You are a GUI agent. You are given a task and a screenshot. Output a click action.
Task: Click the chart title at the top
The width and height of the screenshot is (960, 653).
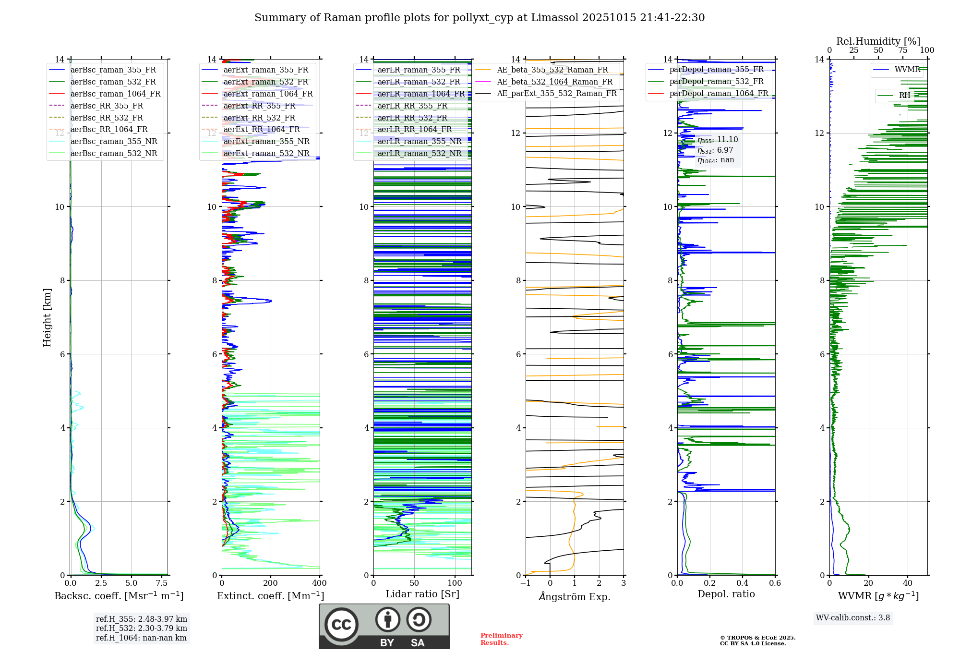[x=480, y=18]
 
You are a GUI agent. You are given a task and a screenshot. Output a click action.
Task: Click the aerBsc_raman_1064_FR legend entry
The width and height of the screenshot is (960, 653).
[x=115, y=94]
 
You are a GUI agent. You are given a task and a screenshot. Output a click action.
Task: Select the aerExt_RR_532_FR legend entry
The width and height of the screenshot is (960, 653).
[x=259, y=118]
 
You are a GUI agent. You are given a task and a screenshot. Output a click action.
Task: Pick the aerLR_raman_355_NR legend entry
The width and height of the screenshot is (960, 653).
[x=419, y=141]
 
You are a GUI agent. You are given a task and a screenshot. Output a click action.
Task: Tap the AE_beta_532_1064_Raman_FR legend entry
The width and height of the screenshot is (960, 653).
[x=554, y=82]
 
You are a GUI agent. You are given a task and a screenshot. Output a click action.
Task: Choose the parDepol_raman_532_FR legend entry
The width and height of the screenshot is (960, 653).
[x=716, y=81]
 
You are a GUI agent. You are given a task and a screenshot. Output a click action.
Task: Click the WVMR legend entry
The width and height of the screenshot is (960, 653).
[x=907, y=70]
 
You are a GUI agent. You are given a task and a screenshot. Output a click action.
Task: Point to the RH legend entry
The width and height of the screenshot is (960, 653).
[x=904, y=96]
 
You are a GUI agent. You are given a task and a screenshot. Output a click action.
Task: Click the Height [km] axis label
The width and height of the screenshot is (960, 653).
[x=47, y=317]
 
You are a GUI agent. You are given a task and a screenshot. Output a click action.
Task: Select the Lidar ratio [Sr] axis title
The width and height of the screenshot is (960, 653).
[x=422, y=594]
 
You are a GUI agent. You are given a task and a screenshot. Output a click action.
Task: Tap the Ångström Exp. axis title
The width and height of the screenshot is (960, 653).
[x=575, y=596]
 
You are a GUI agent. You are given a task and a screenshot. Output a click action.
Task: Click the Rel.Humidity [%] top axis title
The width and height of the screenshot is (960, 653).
[x=878, y=41]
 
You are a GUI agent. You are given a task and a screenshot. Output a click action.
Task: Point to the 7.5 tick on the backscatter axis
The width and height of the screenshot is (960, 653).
[x=162, y=583]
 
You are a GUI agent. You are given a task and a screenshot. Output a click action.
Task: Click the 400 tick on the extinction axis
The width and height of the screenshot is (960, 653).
[x=320, y=583]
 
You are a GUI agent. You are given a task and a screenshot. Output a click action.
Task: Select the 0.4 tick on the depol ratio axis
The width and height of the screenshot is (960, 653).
[x=743, y=583]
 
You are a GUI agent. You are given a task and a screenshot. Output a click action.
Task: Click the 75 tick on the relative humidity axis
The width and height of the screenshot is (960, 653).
[x=903, y=50]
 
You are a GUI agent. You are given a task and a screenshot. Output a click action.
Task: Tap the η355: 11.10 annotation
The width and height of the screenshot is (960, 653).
[x=718, y=140]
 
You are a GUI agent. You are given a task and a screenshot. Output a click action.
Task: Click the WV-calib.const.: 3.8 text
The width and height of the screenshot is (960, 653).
[x=853, y=618]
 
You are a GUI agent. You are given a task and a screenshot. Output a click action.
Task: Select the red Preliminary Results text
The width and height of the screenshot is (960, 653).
[x=501, y=639]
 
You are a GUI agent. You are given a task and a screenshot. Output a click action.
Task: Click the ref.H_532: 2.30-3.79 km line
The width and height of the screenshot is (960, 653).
[x=142, y=628]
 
